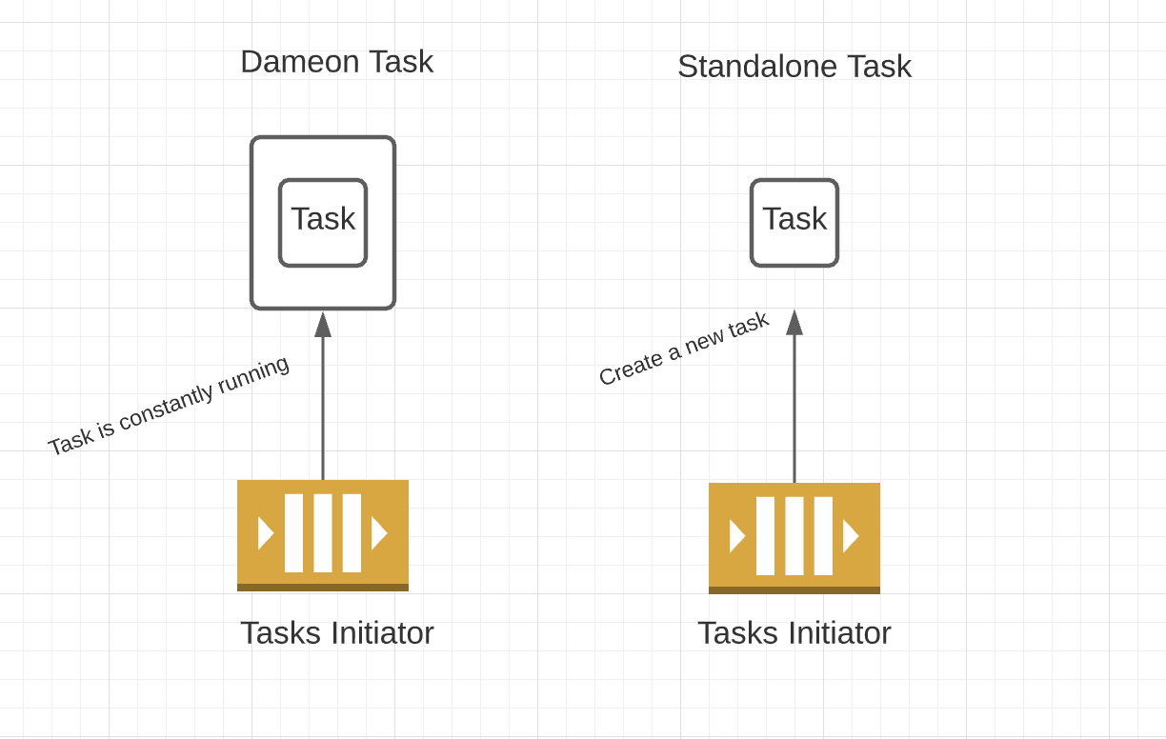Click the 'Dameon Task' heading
coord(336,62)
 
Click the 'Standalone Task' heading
coord(794,67)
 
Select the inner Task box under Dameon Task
coord(323,222)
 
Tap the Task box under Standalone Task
coord(794,222)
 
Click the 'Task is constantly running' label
coord(169,406)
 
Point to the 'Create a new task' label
coord(683,350)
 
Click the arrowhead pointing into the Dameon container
coord(323,325)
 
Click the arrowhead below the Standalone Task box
coord(794,323)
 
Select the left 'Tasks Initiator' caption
coord(336,633)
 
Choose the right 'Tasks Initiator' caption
coord(794,633)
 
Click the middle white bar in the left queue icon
coord(323,533)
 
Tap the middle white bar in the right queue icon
coord(794,536)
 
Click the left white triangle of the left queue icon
coord(265,533)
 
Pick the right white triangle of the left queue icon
coord(379,533)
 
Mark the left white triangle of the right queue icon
coord(736,536)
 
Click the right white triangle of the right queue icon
coord(851,536)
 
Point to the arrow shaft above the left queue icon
coord(323,409)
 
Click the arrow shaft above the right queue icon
coord(794,409)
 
